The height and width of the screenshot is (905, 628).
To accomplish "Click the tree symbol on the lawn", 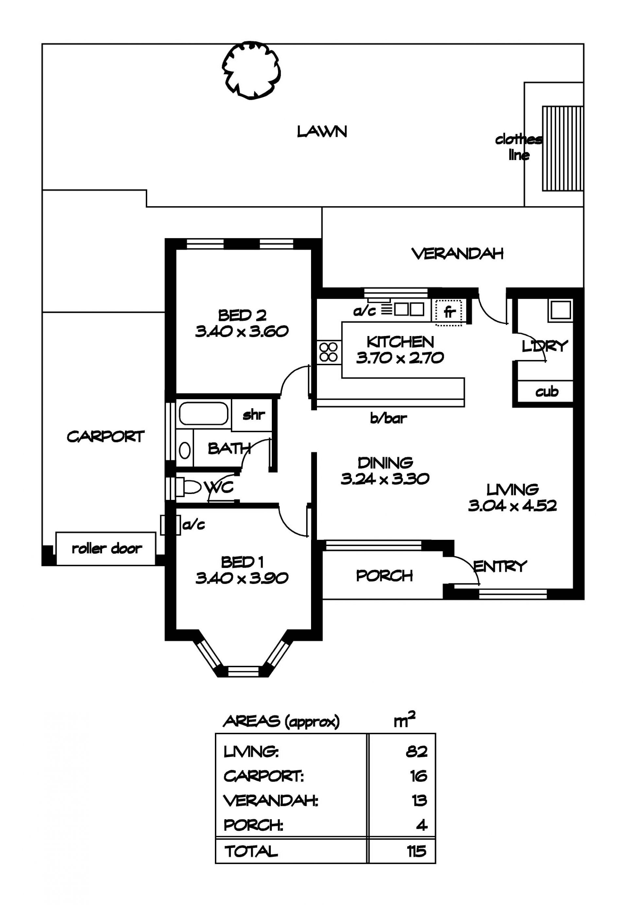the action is tap(252, 71).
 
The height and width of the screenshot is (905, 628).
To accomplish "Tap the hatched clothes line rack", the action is tap(563, 149).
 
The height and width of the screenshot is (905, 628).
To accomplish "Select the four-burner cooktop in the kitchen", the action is tap(329, 351).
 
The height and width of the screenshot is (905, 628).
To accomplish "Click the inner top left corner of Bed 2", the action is tap(176, 250).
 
